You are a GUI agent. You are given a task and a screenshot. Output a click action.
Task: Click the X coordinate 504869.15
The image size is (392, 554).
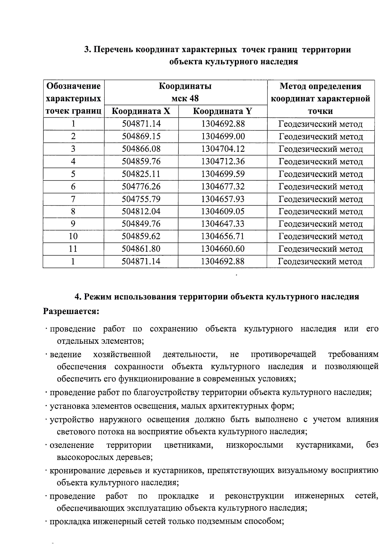click(x=141, y=136)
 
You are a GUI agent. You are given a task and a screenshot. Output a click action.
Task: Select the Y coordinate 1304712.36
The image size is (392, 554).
click(x=223, y=161)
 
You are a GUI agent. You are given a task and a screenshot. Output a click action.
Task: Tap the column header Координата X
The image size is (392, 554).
click(x=141, y=111)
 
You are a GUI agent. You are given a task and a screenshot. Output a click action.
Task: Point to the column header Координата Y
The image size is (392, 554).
click(x=223, y=111)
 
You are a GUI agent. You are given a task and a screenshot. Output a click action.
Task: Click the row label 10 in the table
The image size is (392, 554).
click(x=73, y=236)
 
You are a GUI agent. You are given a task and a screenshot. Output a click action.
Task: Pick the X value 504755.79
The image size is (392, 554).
click(x=141, y=199)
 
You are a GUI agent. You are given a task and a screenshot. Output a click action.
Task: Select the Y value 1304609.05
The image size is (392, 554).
click(x=223, y=211)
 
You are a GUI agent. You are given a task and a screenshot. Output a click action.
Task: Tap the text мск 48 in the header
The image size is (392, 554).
click(x=185, y=99)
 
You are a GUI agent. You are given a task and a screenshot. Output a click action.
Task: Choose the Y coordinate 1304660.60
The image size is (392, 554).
click(x=223, y=249)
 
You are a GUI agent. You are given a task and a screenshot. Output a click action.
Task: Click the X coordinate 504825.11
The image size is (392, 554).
click(x=141, y=174)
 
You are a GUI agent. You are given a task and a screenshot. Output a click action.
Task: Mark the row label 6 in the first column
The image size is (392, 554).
click(x=73, y=186)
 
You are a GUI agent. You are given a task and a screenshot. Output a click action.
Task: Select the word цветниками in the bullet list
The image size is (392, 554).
click(x=188, y=445)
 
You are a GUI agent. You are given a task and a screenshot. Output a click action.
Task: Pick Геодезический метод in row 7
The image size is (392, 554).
click(x=320, y=199)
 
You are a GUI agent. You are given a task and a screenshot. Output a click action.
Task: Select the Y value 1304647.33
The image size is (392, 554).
click(x=223, y=224)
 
